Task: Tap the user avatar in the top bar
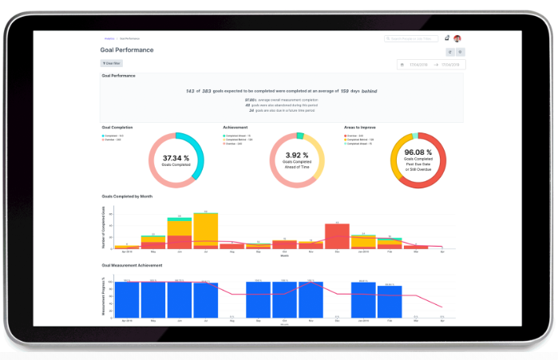point(457,38)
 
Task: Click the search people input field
point(412,38)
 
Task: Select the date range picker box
point(430,65)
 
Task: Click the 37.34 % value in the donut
point(176,158)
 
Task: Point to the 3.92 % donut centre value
point(297,156)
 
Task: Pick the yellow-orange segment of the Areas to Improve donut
point(394,164)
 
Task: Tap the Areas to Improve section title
point(359,127)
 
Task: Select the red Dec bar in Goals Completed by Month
point(338,235)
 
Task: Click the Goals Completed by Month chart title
point(127,196)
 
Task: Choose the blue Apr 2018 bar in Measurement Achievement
point(127,299)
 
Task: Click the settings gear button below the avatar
point(461,52)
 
